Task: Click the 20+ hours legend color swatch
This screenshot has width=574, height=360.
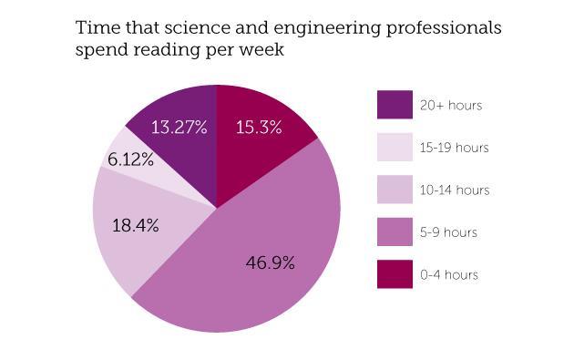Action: (x=395, y=105)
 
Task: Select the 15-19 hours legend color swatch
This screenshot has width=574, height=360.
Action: (x=395, y=148)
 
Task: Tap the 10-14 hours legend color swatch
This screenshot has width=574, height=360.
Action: (x=395, y=190)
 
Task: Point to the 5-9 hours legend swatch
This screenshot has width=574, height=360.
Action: (x=395, y=232)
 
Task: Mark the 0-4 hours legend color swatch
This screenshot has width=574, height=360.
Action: (x=395, y=274)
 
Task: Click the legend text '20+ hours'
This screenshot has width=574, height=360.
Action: (x=450, y=106)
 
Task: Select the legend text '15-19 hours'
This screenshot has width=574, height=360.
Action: (x=454, y=148)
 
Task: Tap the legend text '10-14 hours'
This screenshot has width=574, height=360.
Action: (x=454, y=190)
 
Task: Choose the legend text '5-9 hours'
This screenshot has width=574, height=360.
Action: (x=447, y=232)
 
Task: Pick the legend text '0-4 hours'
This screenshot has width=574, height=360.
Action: (x=447, y=274)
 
